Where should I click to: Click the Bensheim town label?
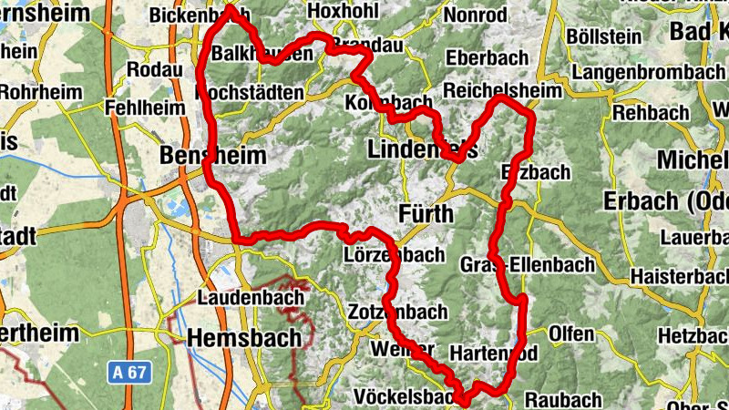click(212, 156)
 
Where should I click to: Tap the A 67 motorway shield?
click(128, 372)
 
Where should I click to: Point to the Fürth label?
click(426, 214)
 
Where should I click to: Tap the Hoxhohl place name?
click(344, 10)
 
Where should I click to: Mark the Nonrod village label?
click(475, 15)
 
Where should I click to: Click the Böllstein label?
click(602, 36)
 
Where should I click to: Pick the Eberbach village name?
click(487, 57)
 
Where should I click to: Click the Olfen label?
click(570, 333)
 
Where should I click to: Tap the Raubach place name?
click(563, 399)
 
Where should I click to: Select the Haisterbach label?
click(672, 273)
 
